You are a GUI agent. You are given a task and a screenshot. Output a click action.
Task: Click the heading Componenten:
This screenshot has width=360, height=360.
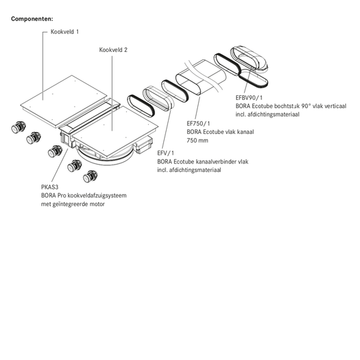pos(32,19)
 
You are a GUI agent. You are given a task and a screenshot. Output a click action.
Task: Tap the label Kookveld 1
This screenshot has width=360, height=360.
pos(65,32)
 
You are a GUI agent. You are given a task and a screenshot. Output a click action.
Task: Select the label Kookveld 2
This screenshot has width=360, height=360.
pos(113,50)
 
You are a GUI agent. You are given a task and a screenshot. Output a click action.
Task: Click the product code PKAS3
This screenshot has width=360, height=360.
pos(49,187)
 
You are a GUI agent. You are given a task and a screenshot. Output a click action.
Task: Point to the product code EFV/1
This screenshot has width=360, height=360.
pos(165,153)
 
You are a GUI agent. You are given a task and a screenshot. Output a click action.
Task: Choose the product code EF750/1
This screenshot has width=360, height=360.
pos(199,123)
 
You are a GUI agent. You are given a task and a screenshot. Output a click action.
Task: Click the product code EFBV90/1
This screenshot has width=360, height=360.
pos(249,97)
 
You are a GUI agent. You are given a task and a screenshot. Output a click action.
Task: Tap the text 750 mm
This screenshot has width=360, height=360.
pos(197,140)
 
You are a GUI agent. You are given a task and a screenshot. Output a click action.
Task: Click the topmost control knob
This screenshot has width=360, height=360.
pos(19,127)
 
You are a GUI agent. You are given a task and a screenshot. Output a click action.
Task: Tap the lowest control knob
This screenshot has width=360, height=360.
pos(90,176)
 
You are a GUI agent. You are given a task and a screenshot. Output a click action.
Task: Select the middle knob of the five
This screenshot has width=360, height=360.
pos(55,151)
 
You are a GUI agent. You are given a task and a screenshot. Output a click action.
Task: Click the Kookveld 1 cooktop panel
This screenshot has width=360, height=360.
pos(64,101)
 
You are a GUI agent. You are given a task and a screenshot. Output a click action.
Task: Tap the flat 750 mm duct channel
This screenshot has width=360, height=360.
pos(200,77)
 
